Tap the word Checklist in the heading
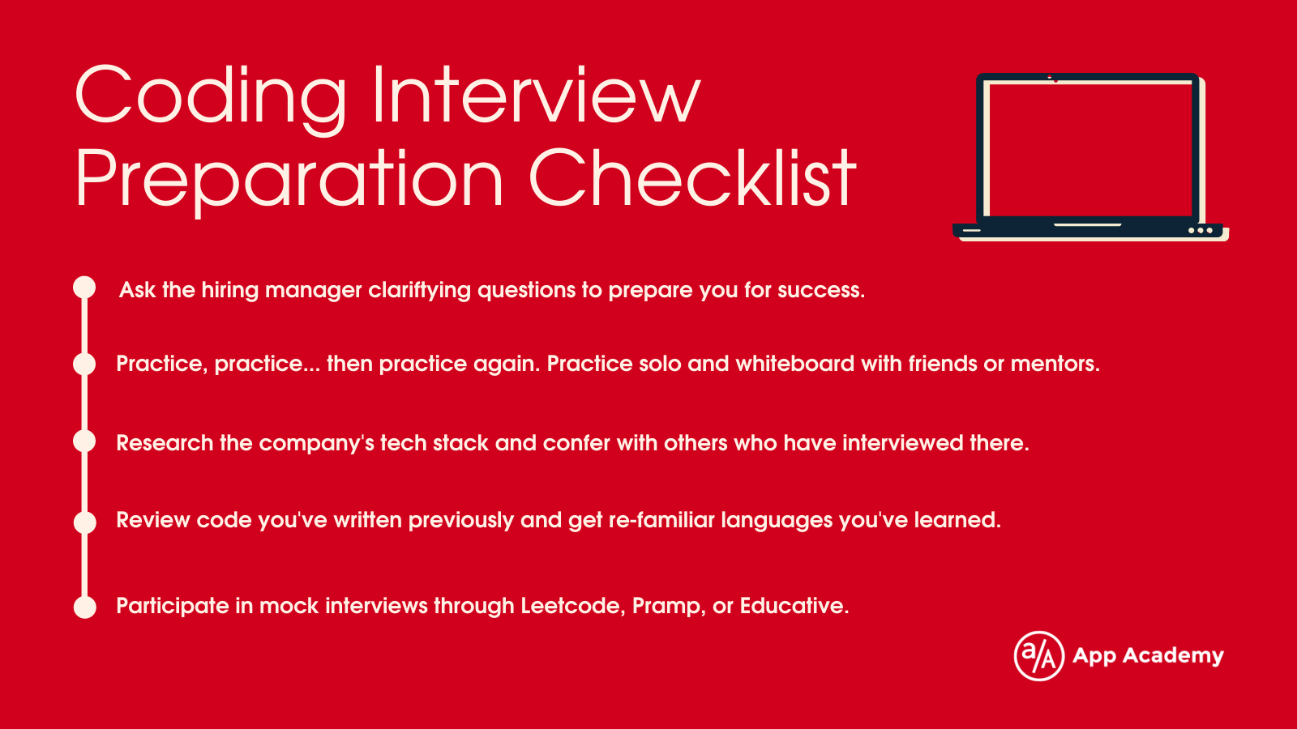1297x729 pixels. pos(692,177)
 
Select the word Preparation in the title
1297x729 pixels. pos(289,181)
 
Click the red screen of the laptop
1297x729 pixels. pos(1090,149)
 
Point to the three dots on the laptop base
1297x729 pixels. pos(1201,230)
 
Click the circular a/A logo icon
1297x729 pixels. pos(1038,656)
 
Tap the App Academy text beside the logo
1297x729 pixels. pos(1148,656)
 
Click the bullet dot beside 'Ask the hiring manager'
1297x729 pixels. pos(84,288)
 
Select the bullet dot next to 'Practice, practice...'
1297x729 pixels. pos(84,364)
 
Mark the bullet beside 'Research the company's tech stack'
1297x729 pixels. pos(84,441)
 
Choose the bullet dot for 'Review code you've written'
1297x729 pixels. pos(85,522)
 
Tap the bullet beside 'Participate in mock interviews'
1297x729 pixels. pos(85,607)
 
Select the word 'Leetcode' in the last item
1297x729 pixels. pos(572,606)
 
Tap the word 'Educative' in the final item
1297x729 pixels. pos(794,606)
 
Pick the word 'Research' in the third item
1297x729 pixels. pos(165,443)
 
